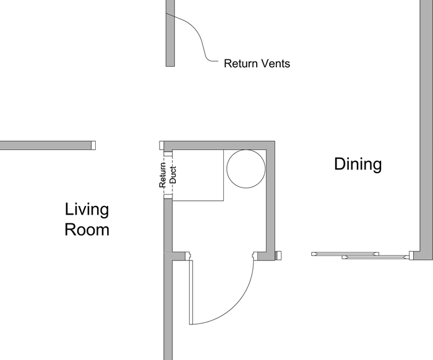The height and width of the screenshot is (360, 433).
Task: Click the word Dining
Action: [x=358, y=165]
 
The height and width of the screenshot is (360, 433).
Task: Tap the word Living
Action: [x=87, y=209]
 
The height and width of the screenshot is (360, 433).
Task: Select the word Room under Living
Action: [x=87, y=229]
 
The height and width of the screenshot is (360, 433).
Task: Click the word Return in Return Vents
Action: [x=240, y=64]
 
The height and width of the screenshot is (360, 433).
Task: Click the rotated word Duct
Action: [x=173, y=175]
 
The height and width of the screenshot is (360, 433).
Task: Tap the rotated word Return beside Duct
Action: [x=163, y=175]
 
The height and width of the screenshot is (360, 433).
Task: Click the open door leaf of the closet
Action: [x=191, y=292]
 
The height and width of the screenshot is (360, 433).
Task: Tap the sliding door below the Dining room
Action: [x=361, y=255]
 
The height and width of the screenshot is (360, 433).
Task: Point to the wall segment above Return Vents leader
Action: [x=170, y=33]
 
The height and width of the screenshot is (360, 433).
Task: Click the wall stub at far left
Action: [x=48, y=145]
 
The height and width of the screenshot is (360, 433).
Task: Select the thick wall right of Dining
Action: [x=426, y=130]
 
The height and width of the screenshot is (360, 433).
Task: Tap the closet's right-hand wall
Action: [x=270, y=200]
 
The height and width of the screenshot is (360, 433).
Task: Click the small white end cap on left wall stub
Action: [x=93, y=145]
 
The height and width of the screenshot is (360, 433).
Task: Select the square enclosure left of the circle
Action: [x=198, y=175]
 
